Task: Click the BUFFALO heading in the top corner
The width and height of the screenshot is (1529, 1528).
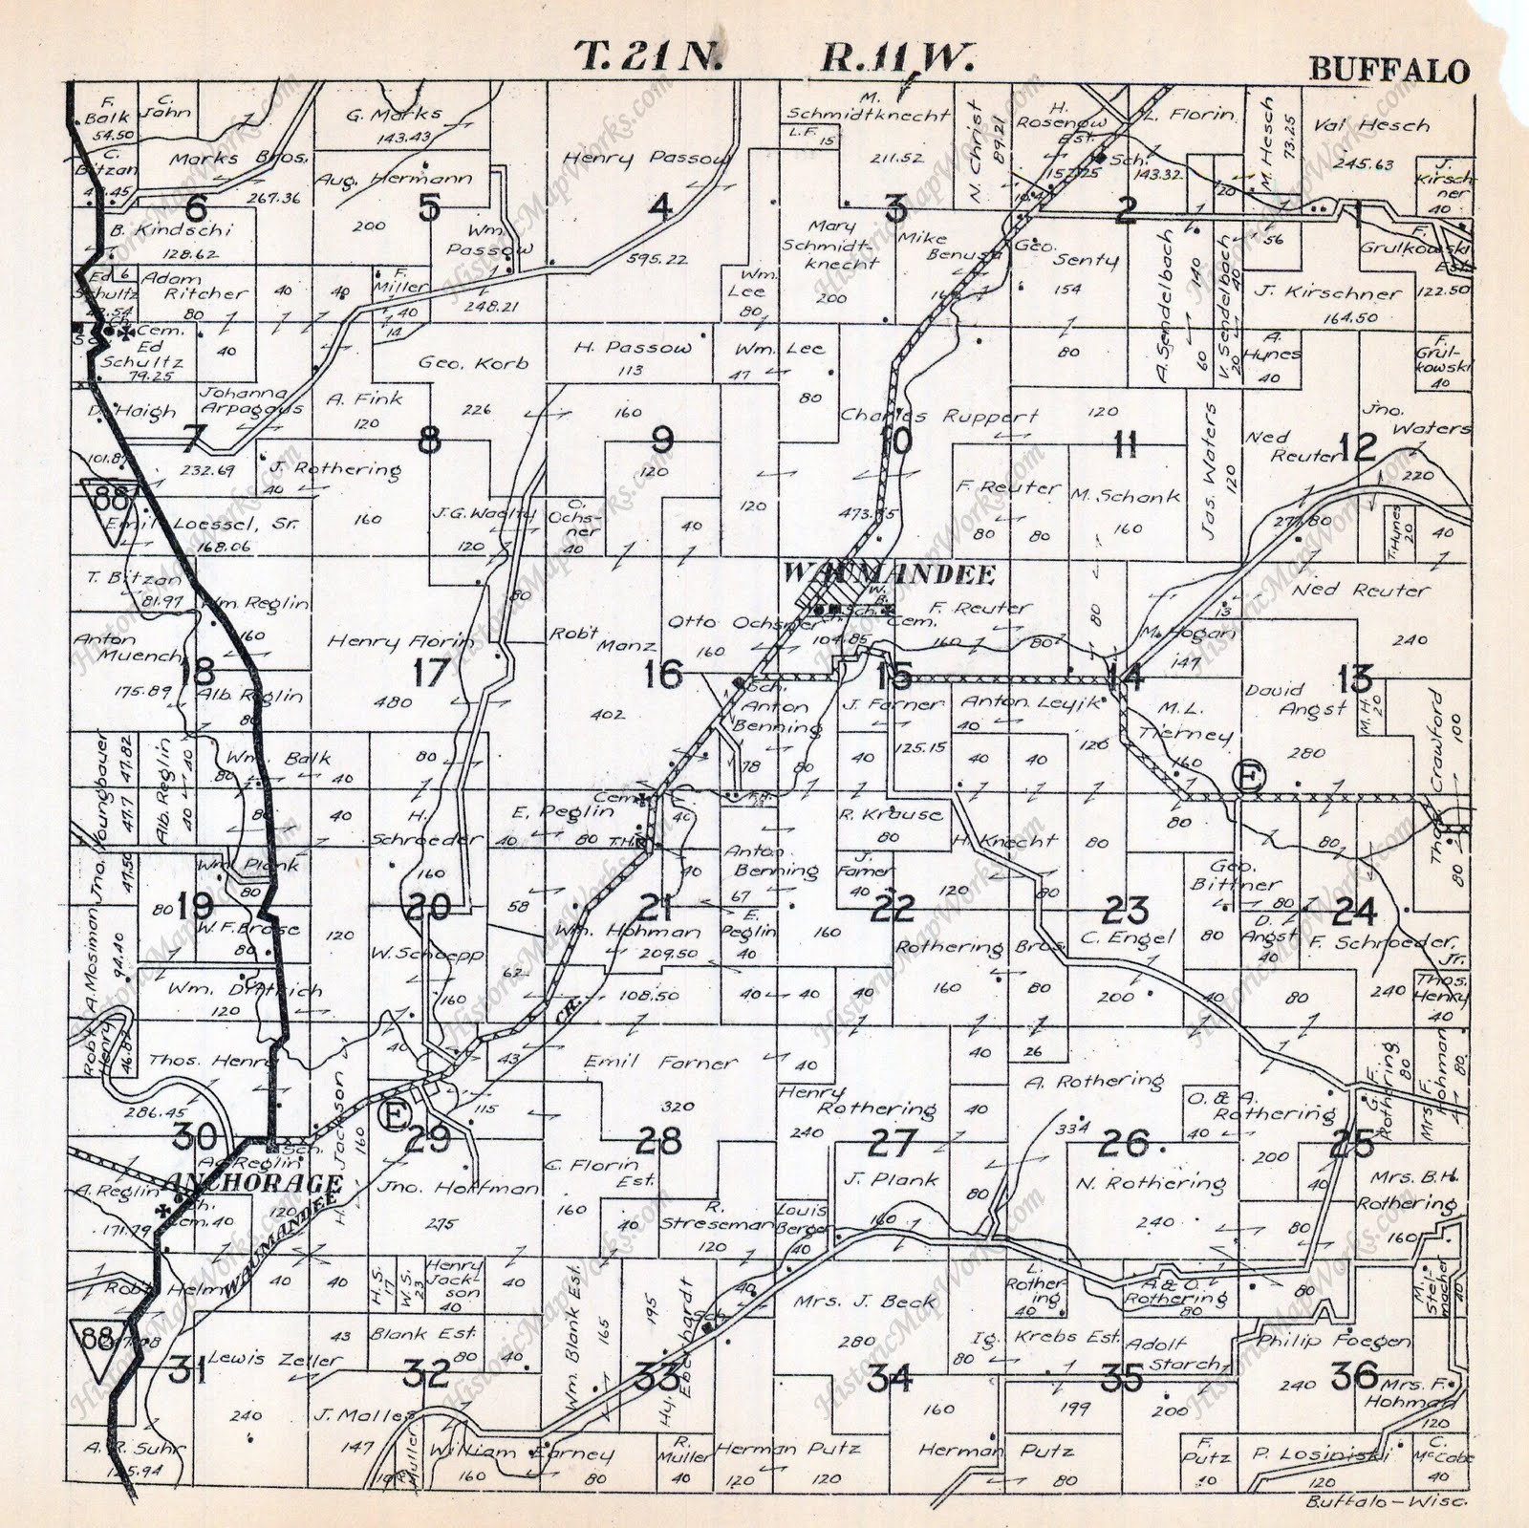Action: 1388,71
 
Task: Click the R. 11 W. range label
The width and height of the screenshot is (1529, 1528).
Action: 896,58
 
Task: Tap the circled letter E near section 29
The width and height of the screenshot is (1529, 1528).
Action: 393,1113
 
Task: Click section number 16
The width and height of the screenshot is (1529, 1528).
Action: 661,674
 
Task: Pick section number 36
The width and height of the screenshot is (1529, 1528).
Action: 1355,1376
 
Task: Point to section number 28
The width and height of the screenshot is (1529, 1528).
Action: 659,1140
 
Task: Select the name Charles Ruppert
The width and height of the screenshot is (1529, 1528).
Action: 938,417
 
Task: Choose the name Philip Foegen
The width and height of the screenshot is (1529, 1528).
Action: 1333,1341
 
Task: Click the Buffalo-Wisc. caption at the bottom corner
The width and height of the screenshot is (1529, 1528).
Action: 1386,1501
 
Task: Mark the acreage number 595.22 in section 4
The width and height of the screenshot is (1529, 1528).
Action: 653,259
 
